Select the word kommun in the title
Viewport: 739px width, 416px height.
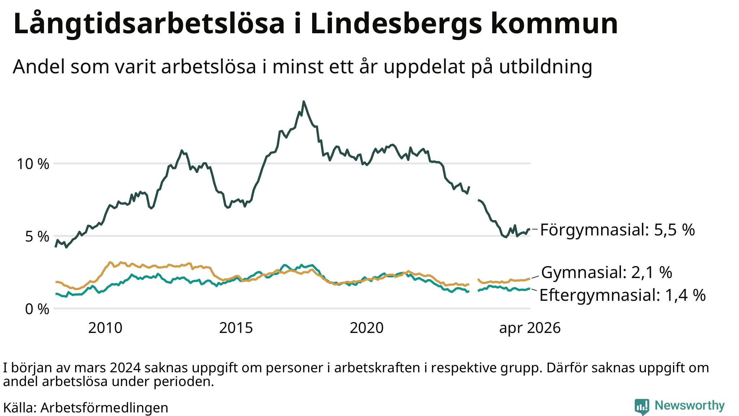(554, 24)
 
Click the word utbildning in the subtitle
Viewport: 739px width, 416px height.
(546, 67)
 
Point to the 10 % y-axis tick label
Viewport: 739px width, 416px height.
(33, 164)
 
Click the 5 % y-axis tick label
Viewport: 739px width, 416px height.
(37, 237)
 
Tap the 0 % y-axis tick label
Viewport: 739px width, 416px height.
(37, 309)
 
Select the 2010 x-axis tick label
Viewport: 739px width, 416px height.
(105, 328)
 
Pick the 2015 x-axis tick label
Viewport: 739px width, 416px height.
(236, 328)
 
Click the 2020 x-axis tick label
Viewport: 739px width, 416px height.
(367, 328)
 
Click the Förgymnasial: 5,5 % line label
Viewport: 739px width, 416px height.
(617, 230)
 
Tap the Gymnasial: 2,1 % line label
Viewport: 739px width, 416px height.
(607, 273)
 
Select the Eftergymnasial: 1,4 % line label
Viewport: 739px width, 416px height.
(622, 295)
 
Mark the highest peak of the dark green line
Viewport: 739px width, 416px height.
(303, 101)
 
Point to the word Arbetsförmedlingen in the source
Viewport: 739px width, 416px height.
(104, 408)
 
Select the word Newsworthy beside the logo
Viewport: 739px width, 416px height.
(690, 406)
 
